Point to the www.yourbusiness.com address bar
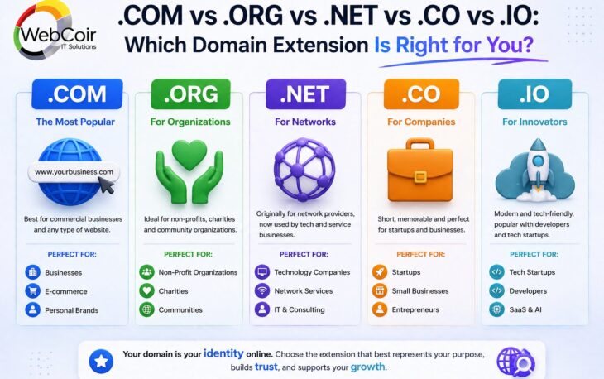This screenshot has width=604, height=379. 73,172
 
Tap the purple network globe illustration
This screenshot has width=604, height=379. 304,170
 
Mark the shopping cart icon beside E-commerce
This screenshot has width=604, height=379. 32,291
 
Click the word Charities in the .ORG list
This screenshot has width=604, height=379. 173,291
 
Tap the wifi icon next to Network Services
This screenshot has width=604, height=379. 262,291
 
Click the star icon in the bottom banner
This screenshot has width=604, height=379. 102,360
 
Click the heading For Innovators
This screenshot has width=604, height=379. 534,122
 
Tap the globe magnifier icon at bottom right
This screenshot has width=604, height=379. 513,361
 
